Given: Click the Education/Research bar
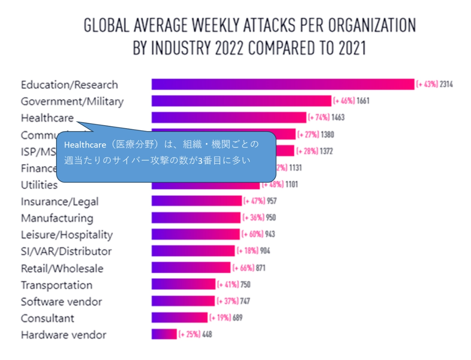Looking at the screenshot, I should [283, 84].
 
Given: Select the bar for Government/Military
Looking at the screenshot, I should [241, 101].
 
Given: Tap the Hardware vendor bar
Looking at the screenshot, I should [164, 334].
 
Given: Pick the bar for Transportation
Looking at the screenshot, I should [183, 284].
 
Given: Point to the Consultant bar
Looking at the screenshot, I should [179, 317].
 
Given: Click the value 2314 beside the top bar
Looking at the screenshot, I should [446, 84].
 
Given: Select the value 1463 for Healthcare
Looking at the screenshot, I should [338, 118].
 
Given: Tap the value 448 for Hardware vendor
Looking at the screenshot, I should [207, 334].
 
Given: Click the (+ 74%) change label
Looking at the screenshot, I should [319, 118].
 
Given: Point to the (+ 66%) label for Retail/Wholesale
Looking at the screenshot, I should [243, 268].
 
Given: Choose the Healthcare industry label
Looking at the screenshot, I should [47, 118].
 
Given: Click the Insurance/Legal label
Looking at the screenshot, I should [60, 201].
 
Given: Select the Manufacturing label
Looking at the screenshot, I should [57, 218].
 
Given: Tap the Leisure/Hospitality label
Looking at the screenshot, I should [67, 235].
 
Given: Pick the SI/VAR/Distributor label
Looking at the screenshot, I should [66, 251].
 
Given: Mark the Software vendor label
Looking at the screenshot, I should [61, 301].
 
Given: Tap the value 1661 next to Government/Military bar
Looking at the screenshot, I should [363, 101].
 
